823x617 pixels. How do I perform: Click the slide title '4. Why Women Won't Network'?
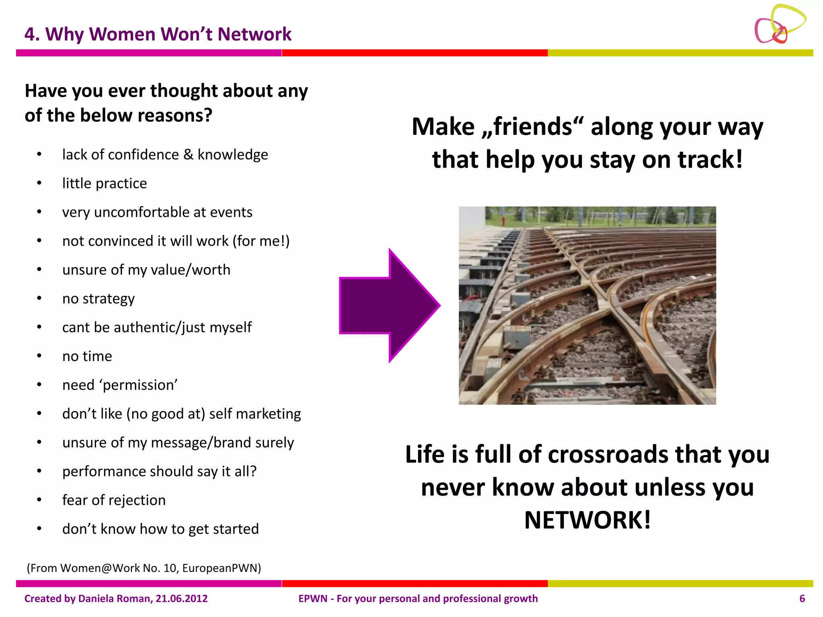tap(158, 34)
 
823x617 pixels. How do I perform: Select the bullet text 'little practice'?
tap(104, 184)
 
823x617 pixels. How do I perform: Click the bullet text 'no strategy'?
tap(98, 299)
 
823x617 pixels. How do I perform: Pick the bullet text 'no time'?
tap(87, 356)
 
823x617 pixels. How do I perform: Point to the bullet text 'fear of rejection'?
tap(114, 501)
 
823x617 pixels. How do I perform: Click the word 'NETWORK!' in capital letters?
tap(587, 520)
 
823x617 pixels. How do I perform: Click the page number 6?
tap(802, 599)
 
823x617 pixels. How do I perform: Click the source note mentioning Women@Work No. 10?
tap(144, 568)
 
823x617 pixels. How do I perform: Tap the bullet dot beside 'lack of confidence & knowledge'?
tap(39, 155)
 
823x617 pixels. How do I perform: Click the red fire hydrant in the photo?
tap(503, 220)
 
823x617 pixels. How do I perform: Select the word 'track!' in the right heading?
tap(710, 159)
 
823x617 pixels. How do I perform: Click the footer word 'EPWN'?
tap(313, 599)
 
